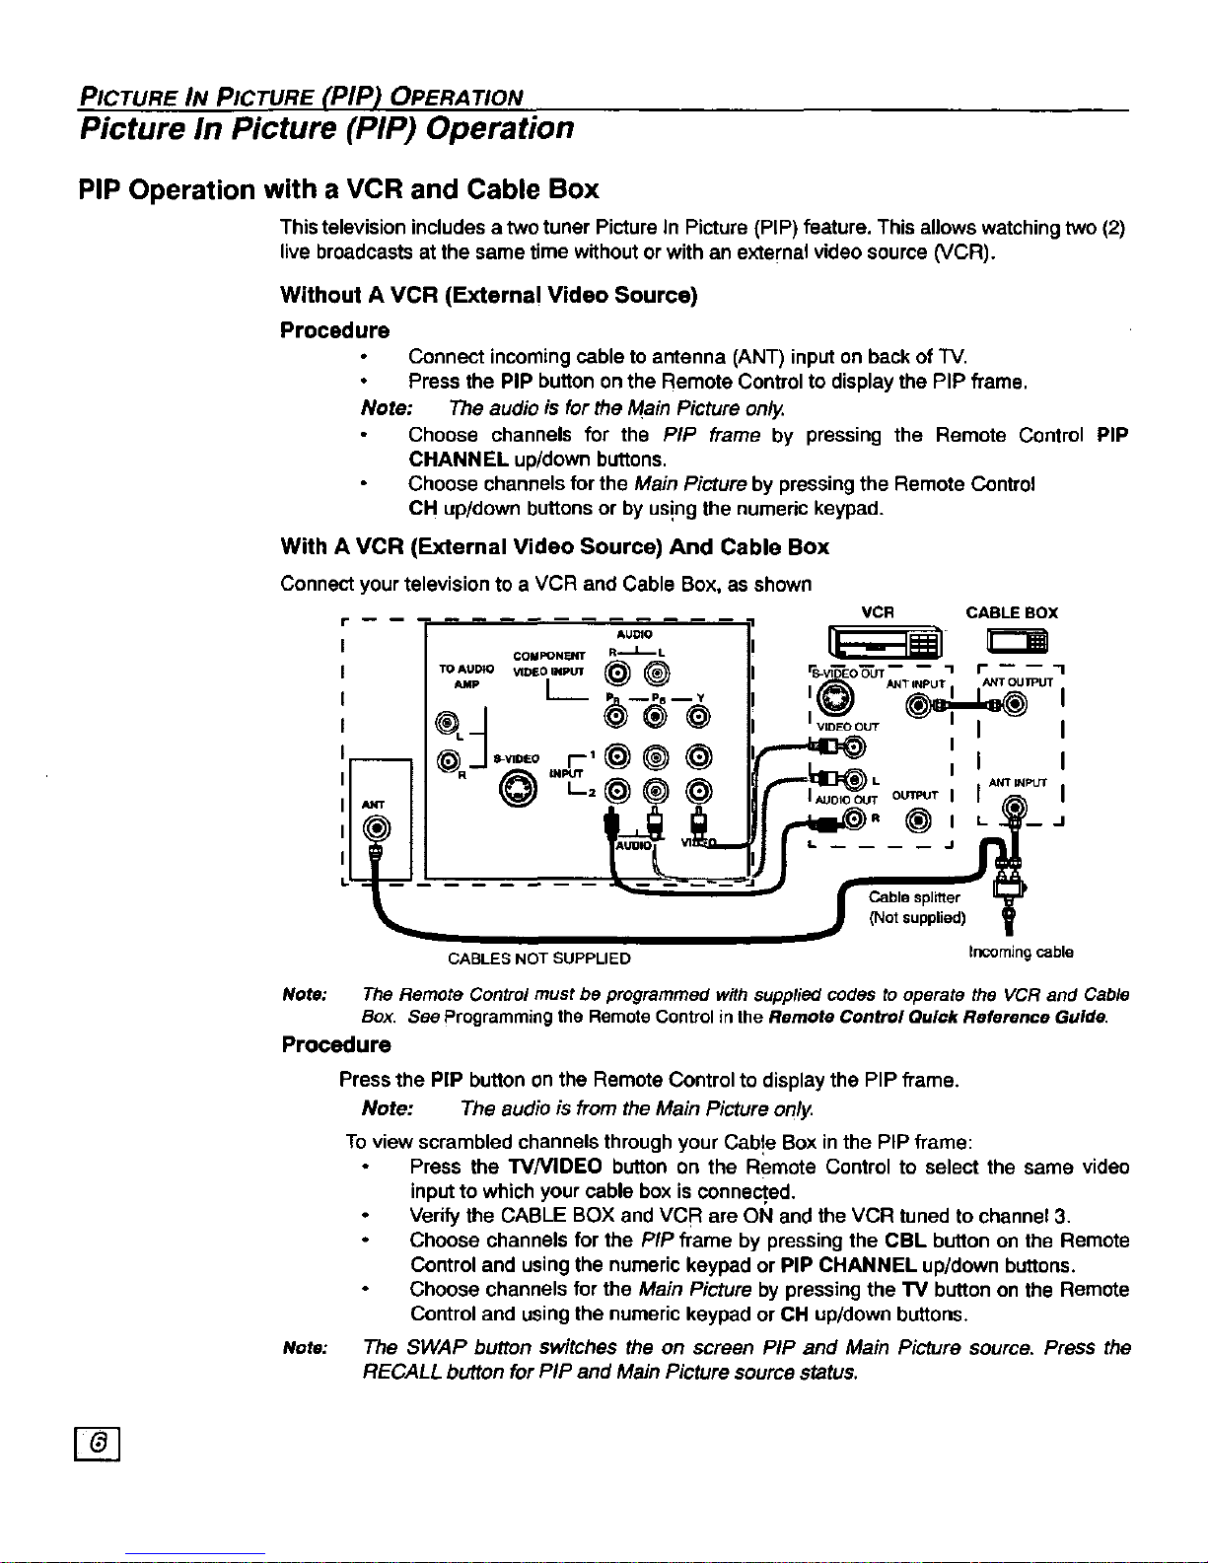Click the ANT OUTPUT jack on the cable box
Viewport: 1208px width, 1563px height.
[1017, 703]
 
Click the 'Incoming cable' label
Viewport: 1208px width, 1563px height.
[1021, 953]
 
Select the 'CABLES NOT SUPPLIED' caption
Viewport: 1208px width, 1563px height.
[538, 959]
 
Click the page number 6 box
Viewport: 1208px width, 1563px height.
[99, 1445]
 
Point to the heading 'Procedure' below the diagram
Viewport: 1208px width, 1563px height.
[335, 1044]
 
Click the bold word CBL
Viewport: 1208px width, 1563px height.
[904, 1241]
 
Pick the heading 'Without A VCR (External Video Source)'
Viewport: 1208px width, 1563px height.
[488, 295]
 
